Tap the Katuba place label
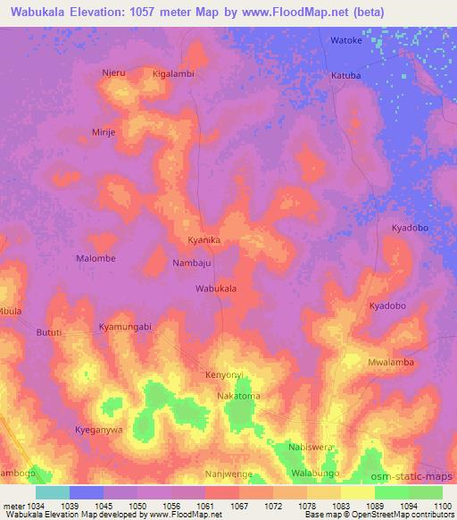pos(346,76)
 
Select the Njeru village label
pos(113,73)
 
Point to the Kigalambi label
pos(173,73)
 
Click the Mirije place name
pos(105,130)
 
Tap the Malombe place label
pos(96,258)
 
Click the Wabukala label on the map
pos(216,289)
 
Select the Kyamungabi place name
pos(126,327)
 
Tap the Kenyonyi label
pos(224,374)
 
